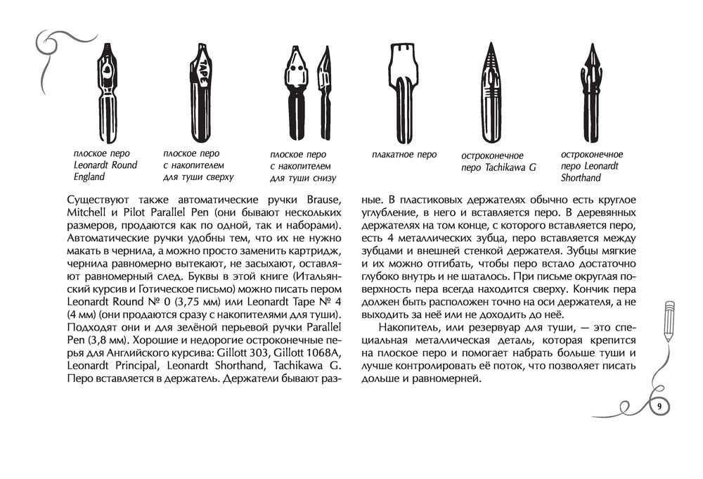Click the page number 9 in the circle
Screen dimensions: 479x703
click(x=659, y=407)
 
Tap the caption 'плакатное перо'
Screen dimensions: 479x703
click(x=404, y=154)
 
